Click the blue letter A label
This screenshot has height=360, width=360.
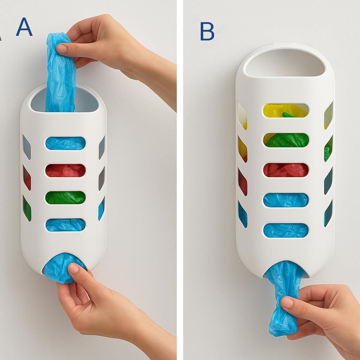[24, 27]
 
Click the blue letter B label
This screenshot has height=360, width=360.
[207, 31]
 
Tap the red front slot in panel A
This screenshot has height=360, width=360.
[65, 171]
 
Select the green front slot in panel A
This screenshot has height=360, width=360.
[65, 198]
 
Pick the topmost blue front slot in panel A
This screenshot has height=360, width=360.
[65, 143]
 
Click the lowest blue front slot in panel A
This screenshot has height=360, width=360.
[65, 225]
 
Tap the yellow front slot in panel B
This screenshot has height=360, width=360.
[285, 110]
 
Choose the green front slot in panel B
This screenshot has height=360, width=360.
[285, 140]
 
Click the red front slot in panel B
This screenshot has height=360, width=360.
[285, 170]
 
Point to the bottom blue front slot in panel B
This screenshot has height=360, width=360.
[285, 230]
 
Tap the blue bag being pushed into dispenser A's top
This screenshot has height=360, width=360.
[60, 72]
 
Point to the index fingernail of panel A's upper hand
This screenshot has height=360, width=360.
[62, 49]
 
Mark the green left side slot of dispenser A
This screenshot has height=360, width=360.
[27, 208]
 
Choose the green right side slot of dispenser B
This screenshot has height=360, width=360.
[328, 149]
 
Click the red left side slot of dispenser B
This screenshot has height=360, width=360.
[243, 182]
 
